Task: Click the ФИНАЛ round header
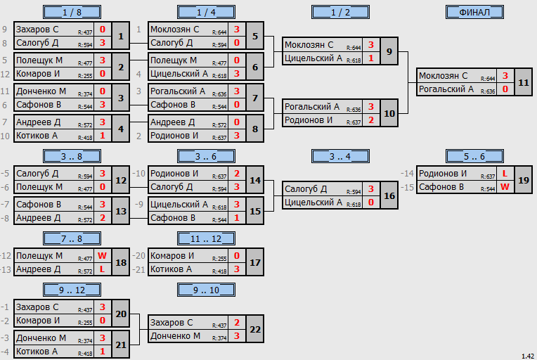pyautogui.click(x=474, y=13)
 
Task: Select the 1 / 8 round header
pyautogui.click(x=72, y=13)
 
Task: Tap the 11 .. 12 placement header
pyautogui.click(x=206, y=238)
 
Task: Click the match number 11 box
pyautogui.click(x=524, y=82)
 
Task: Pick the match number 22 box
pyautogui.click(x=255, y=329)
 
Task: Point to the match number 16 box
pyautogui.click(x=389, y=195)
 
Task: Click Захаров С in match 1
pyautogui.click(x=37, y=30)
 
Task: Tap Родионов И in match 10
pyautogui.click(x=309, y=120)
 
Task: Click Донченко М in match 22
pyautogui.click(x=175, y=336)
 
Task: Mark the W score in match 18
pyautogui.click(x=102, y=255)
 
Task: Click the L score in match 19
pyautogui.click(x=505, y=174)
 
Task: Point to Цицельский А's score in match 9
pyautogui.click(x=371, y=58)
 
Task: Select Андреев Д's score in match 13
pyautogui.click(x=103, y=218)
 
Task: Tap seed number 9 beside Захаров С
pyautogui.click(x=4, y=30)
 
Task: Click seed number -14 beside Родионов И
pyautogui.click(x=407, y=174)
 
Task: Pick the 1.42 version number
pyautogui.click(x=528, y=356)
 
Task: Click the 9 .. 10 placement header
pyautogui.click(x=206, y=290)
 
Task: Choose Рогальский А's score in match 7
pyautogui.click(x=237, y=91)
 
